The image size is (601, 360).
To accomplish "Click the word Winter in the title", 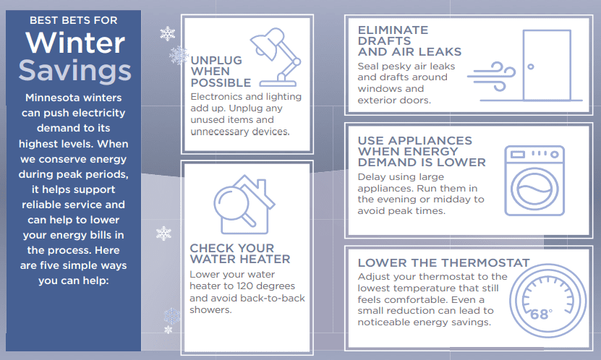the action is coord(75,43).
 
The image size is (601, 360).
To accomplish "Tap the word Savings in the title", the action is coord(75,70).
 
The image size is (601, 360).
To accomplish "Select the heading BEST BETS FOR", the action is coord(74,20).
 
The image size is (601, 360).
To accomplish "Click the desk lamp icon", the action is coord(276,57).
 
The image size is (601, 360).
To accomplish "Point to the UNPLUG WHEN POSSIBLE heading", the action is coord(221,72).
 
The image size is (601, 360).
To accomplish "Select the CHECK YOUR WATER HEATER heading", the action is coord(240,254).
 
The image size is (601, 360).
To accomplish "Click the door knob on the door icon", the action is coord(530,67).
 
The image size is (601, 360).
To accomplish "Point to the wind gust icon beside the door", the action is coord(491,77).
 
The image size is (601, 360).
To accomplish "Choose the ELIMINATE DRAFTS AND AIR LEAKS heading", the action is coord(409,41).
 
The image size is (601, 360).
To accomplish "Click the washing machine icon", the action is coord(534,181).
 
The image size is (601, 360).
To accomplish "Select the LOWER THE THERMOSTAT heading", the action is coord(443,263).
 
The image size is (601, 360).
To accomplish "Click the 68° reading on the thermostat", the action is coord(541,314).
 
